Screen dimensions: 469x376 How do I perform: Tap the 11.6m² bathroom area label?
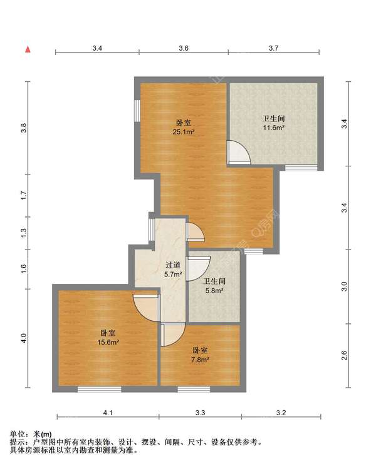[273, 123]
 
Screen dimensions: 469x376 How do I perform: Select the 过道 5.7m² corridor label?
[173, 270]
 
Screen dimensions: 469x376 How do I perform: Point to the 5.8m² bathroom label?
[214, 286]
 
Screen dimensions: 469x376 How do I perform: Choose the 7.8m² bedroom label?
[200, 355]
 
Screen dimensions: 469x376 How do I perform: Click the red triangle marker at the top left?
[28, 48]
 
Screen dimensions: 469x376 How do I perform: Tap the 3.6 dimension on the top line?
[184, 48]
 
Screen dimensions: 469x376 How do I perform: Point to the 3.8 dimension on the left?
[24, 128]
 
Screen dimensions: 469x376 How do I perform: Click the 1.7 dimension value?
[24, 195]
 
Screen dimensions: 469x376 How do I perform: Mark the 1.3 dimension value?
[24, 232]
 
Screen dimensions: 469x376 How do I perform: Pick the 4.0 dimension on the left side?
[24, 338]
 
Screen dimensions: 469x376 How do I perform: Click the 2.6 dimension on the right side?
[344, 356]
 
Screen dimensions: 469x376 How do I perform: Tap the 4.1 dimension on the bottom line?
[107, 413]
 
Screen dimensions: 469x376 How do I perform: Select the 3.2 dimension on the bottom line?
[281, 413]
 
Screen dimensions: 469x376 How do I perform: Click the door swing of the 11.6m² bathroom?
[239, 152]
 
